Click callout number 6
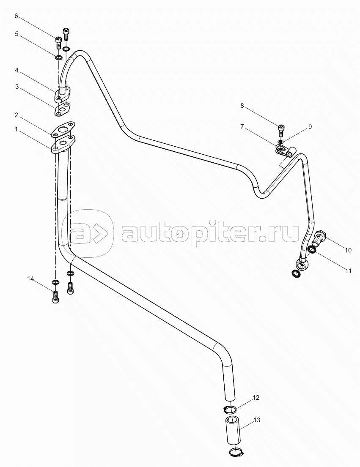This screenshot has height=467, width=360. coord(16,16)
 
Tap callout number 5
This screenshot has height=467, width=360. coord(16,34)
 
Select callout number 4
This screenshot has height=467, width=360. coord(16,70)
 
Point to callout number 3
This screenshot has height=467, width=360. coord(16,87)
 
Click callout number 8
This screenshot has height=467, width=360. coord(242,106)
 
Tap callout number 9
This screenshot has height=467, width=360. coord(310,126)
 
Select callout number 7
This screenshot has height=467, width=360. coord(242,126)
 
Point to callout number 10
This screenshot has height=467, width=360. coord(348,250)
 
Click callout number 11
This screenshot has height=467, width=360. coord(348,271)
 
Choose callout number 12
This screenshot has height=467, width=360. coord(256,398)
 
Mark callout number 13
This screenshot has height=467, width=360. coord(257,420)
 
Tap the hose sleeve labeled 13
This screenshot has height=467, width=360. coord(232,430)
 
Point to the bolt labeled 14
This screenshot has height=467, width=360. coord(55,297)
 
